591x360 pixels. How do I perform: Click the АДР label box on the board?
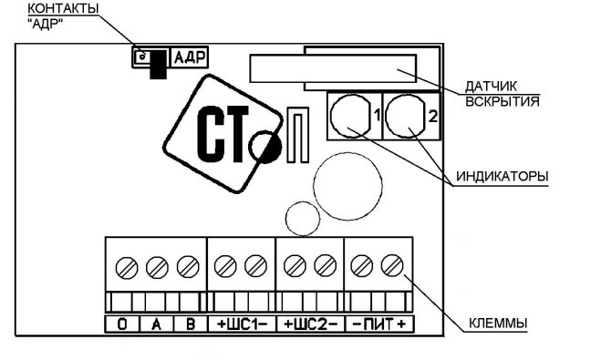(189, 57)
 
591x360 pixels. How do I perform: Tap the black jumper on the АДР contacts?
(158, 65)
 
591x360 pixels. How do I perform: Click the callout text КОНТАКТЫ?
(64, 8)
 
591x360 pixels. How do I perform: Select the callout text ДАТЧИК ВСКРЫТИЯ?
(502, 94)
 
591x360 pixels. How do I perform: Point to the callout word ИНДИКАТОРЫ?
(502, 176)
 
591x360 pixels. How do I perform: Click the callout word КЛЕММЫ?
(498, 324)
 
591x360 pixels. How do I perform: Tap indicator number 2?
(405, 117)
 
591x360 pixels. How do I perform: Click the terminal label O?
(122, 324)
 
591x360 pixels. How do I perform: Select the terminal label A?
(157, 324)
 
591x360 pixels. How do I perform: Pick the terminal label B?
(191, 324)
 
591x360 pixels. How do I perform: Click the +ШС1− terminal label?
(242, 324)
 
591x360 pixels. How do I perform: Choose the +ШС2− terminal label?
(311, 324)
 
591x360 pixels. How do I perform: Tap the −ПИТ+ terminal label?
(379, 324)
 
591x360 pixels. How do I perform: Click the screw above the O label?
(127, 268)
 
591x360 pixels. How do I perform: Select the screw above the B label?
(188, 267)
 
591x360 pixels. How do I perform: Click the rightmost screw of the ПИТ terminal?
(392, 265)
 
